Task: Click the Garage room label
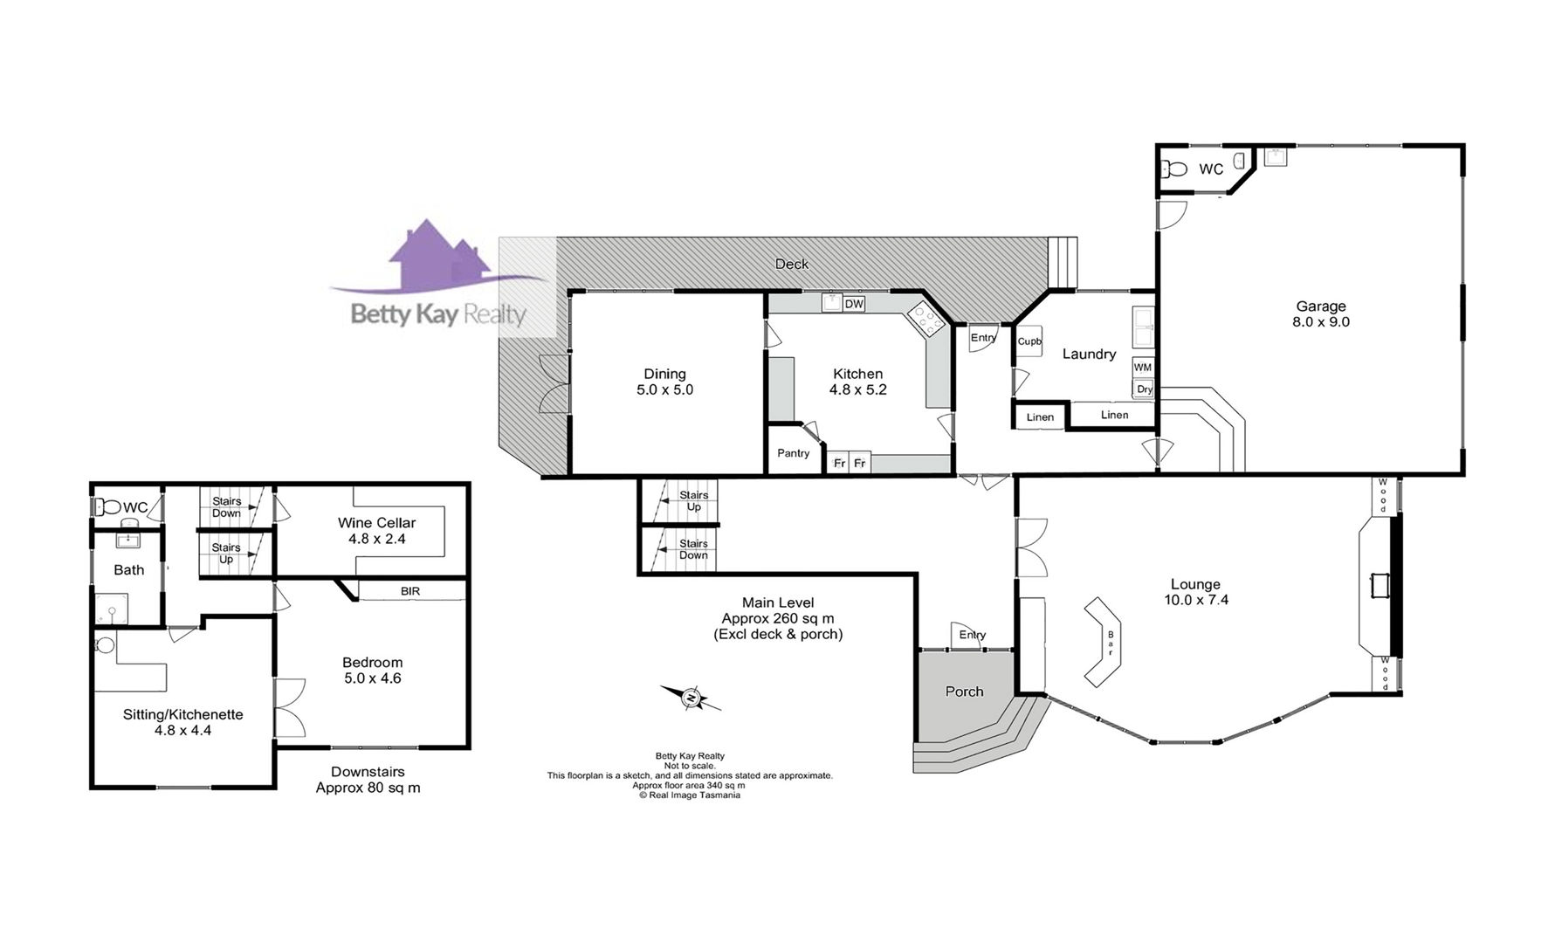click(x=1320, y=306)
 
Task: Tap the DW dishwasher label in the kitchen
click(x=854, y=304)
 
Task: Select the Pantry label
click(x=794, y=453)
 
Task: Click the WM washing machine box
click(x=1143, y=367)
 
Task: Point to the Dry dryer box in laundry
click(x=1144, y=389)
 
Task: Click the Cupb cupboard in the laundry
click(x=1029, y=341)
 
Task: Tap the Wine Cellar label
click(x=377, y=523)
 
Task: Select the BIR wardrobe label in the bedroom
click(x=410, y=591)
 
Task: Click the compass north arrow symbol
click(x=691, y=698)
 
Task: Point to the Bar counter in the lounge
click(x=1105, y=641)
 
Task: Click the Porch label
click(x=965, y=692)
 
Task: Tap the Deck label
click(x=792, y=264)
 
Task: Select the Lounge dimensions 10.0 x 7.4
click(x=1196, y=600)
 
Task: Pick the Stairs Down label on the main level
click(x=694, y=549)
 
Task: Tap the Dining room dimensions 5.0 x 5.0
click(x=665, y=390)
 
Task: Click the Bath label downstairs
click(x=129, y=570)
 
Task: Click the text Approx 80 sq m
click(x=368, y=788)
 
